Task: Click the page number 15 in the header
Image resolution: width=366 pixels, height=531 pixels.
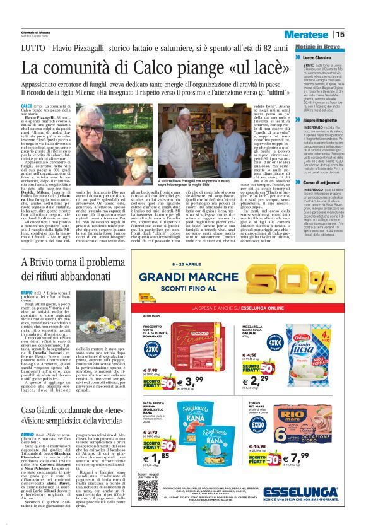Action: pos(357,34)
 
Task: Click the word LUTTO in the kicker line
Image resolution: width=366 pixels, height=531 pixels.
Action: pos(32,47)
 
